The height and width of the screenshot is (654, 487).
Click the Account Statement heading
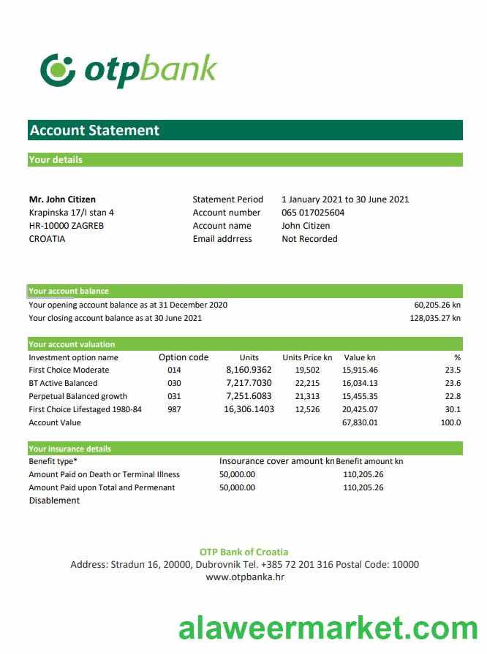[94, 131]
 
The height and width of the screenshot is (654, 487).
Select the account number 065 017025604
[313, 213]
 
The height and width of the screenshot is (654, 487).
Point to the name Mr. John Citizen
[62, 199]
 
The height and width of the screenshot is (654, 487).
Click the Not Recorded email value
[309, 239]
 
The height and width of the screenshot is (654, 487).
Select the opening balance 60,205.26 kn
[437, 305]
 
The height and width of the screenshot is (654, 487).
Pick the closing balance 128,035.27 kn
[435, 318]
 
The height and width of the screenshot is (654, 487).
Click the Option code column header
[184, 357]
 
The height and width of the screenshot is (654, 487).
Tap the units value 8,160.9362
[249, 370]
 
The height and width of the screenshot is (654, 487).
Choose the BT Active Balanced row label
[63, 383]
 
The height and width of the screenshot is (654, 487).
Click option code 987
[174, 409]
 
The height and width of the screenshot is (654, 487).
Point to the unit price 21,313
[307, 396]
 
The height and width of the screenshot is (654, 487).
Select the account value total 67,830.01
[360, 422]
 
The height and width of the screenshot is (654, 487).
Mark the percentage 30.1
[453, 409]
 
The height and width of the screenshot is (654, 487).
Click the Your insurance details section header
[70, 449]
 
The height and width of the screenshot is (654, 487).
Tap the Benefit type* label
[53, 462]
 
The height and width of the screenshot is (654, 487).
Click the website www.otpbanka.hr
[244, 577]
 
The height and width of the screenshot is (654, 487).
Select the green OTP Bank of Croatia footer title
[243, 552]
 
